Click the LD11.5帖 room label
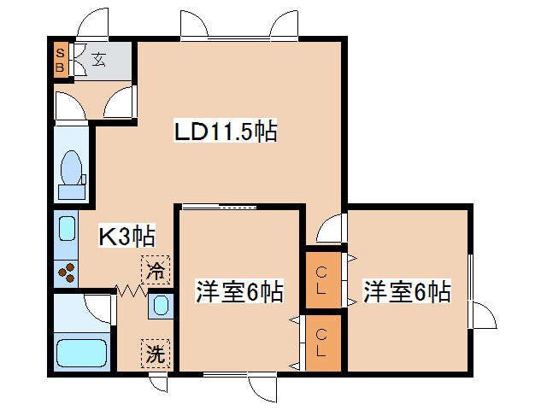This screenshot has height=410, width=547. tap(225, 132)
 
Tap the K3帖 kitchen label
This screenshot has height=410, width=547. tap(126, 237)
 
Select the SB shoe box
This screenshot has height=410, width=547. tap(61, 61)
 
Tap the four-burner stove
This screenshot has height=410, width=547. tap(67, 272)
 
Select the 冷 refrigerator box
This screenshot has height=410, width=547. tap(156, 272)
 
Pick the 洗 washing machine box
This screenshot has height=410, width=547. tap(156, 351)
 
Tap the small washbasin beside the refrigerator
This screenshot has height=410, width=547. tap(159, 305)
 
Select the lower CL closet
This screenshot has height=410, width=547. tap(323, 343)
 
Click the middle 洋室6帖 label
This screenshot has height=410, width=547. tap(239, 292)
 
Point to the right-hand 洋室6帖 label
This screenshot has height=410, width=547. tap(406, 292)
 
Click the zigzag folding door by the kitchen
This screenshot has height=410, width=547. tap(129, 291)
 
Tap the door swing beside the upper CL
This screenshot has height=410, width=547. tap(330, 228)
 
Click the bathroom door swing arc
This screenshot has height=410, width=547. tap(99, 307)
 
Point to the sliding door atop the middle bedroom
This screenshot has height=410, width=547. tap(220, 206)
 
